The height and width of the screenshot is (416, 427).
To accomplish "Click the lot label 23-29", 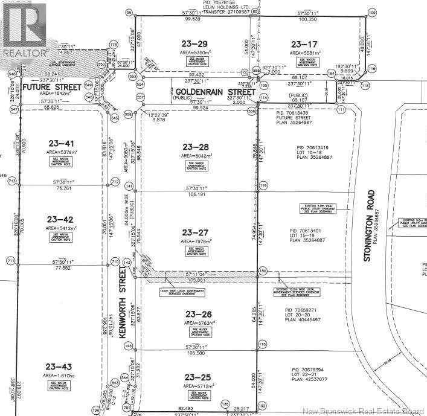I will click(194, 43).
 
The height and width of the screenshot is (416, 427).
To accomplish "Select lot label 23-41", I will click(60, 143).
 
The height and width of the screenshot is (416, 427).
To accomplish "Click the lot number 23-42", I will click(60, 220).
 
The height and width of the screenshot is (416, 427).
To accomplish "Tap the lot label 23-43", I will click(59, 366).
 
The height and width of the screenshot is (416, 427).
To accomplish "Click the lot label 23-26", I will click(194, 313).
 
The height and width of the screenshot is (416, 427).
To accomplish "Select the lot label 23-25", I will click(194, 377).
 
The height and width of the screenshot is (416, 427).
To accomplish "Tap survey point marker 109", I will click(372, 13).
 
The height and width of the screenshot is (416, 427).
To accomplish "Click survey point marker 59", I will click(128, 13).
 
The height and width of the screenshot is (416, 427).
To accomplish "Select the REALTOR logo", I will click(24, 30).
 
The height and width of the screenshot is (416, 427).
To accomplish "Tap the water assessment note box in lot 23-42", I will click(62, 238).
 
